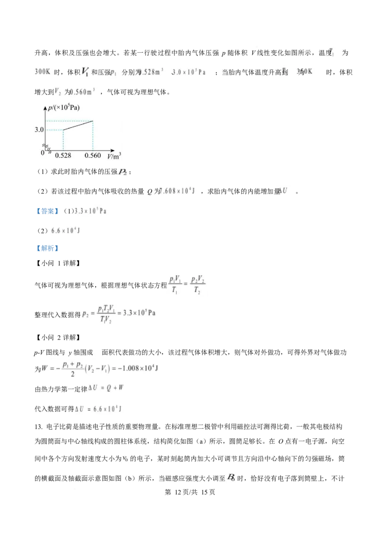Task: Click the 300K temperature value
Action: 42,72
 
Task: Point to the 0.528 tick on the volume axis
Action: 63,155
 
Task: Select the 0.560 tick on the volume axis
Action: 92,155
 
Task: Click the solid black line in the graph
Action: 78,125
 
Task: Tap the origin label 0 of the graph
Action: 42,152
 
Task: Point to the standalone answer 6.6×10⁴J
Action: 68,231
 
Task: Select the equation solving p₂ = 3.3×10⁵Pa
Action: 121,313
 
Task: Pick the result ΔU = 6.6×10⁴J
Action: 100,409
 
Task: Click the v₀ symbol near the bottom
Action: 125,457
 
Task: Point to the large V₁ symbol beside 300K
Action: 86,72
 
